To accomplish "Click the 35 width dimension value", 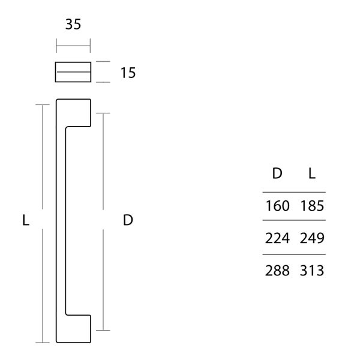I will [73, 25].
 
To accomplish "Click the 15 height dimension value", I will [128, 73].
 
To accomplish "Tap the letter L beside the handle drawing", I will [25, 220].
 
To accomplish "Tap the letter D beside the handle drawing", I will [127, 220].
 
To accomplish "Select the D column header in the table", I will [277, 174].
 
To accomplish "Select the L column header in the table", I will [312, 174].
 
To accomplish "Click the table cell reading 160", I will [278, 206].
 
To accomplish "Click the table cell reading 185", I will [312, 206].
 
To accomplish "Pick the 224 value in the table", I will [278, 238].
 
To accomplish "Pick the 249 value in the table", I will [312, 238].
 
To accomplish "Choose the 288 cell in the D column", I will [278, 271].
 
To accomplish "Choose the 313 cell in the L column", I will [312, 271].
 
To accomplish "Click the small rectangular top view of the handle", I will [73, 71].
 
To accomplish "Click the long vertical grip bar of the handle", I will [60, 220].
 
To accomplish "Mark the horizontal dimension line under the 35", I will [73, 45].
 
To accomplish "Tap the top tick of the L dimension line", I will [42, 104].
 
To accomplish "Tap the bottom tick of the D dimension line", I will [104, 330].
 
